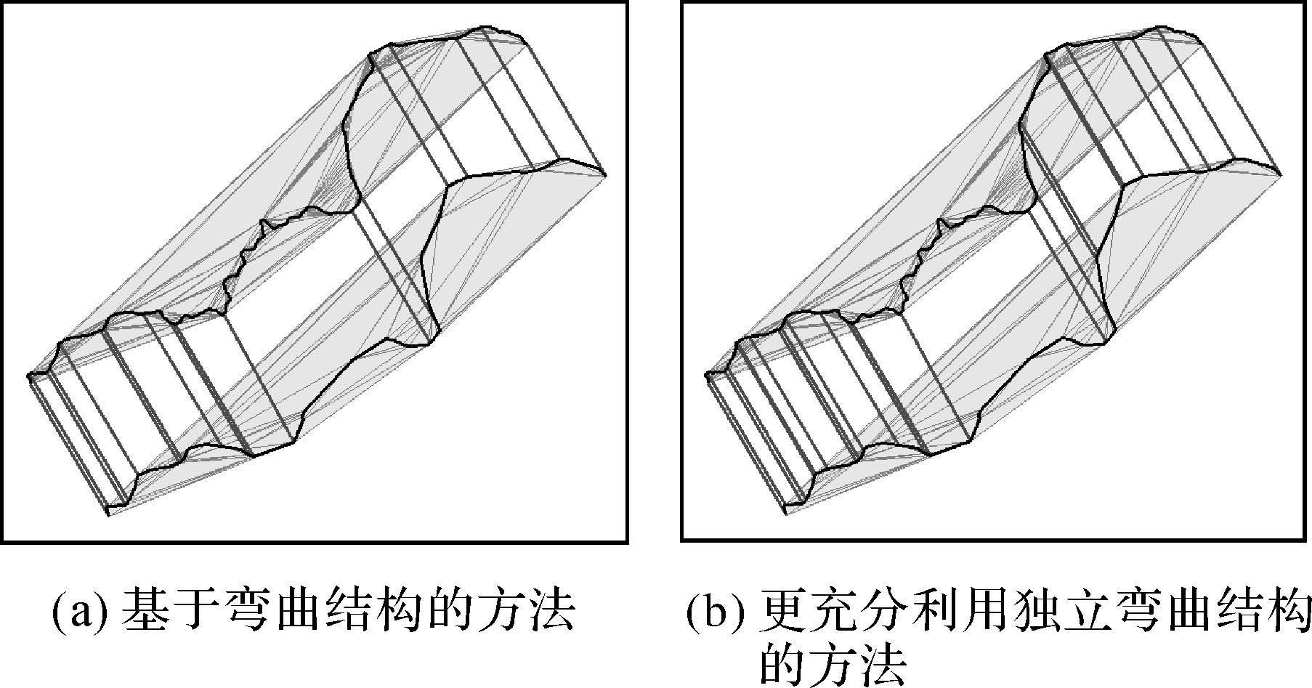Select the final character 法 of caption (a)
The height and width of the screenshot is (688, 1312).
coord(551,610)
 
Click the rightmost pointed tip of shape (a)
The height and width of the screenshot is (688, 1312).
coord(605,174)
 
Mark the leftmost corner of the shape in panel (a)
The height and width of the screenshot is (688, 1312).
coord(29,376)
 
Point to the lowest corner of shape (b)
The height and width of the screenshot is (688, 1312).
coord(787,514)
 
